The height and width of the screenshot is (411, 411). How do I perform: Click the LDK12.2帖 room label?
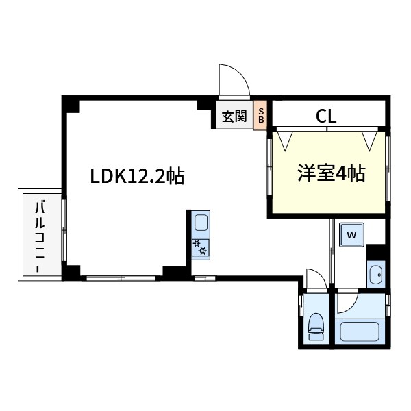(137, 177)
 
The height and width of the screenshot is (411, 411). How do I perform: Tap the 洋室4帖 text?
(331, 174)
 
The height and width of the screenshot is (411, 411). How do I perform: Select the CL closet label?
(326, 116)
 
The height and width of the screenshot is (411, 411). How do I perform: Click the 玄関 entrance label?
(234, 116)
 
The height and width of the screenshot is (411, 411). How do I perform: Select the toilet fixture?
(316, 325)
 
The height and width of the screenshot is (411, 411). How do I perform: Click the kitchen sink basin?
(201, 223)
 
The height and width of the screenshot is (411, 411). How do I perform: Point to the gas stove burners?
(201, 247)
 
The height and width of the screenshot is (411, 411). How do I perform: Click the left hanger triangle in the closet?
(285, 140)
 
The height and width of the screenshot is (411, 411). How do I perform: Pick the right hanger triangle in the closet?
(371, 140)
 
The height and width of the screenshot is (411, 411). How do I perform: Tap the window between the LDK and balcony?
(64, 229)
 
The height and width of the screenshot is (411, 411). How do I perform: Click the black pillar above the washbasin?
(375, 252)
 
